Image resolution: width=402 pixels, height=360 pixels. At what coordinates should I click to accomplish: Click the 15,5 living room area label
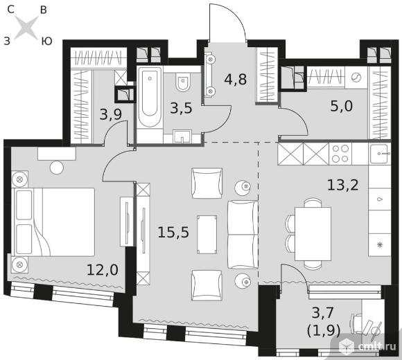173,233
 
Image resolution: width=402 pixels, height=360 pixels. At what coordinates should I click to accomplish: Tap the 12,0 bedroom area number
103,270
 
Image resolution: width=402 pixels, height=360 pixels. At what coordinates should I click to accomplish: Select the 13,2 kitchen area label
343,185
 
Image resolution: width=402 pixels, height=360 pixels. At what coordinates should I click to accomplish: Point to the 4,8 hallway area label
236,80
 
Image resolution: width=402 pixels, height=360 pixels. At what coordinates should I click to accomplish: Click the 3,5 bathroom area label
181,108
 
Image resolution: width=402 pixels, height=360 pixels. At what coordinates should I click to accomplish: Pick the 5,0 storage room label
342,106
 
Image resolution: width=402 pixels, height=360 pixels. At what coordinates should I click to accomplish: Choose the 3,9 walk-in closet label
110,114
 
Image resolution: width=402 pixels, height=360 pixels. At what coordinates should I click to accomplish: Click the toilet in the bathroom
183,82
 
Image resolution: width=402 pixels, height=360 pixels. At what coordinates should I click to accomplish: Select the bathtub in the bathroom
150,98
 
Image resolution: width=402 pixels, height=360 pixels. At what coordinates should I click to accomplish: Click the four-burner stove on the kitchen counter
340,154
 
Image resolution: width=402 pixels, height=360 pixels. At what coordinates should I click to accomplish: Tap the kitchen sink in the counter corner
380,153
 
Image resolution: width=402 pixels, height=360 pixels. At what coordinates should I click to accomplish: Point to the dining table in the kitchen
313,234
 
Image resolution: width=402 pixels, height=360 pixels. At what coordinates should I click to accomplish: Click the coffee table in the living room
207,235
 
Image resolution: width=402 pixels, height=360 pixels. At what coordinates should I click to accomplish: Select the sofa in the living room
243,235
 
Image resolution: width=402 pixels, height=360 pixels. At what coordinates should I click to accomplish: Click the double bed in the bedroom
53,222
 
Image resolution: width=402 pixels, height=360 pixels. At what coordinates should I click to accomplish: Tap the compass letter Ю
46,41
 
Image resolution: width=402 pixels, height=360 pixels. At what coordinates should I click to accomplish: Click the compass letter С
11,10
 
